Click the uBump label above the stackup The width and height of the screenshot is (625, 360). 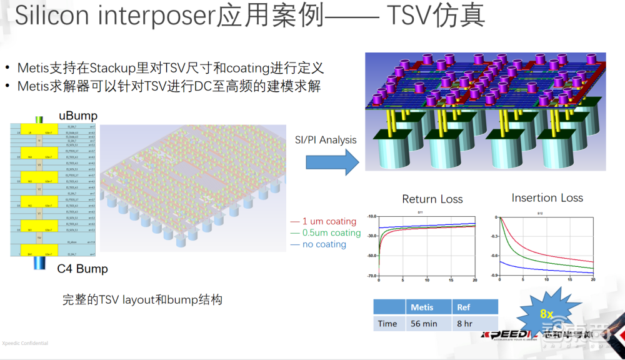point(78,116)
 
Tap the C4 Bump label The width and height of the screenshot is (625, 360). point(82,269)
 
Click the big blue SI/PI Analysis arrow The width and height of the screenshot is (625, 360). point(332,163)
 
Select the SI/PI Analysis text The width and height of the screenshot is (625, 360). point(326,140)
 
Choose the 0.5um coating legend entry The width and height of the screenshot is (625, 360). point(326,233)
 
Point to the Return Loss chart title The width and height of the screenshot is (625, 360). point(432,199)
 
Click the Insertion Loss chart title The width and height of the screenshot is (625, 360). point(547,198)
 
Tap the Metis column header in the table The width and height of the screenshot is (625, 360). point(422,307)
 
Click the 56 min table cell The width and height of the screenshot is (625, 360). point(424,324)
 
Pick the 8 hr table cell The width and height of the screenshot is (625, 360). point(464,324)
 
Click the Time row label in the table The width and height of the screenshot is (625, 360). point(387,324)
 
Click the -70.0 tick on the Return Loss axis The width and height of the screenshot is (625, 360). point(371,276)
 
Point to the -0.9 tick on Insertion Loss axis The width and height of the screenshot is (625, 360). point(493,276)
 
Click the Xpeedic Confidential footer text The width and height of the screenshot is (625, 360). point(24,343)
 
